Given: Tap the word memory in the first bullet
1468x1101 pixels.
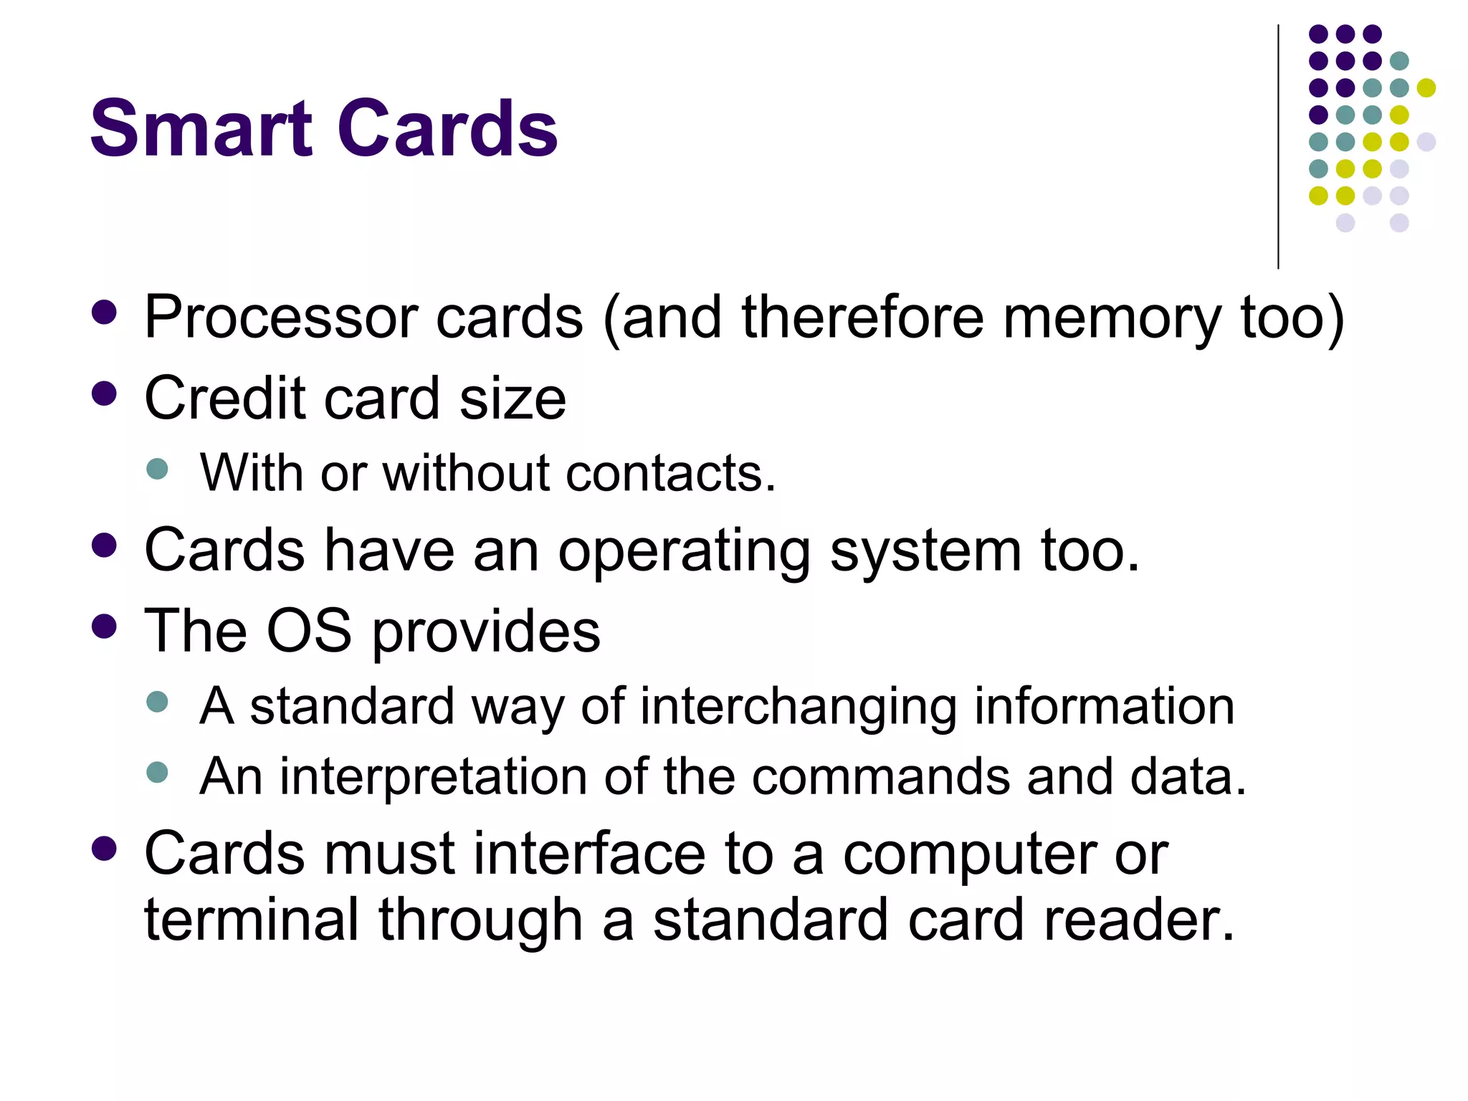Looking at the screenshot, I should click(1111, 318).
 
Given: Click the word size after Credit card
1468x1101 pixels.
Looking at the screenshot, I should click(513, 399).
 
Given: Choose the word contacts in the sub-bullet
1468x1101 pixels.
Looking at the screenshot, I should click(670, 474).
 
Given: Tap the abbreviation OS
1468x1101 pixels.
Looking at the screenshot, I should click(309, 631).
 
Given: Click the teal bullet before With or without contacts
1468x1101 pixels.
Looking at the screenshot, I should click(157, 470).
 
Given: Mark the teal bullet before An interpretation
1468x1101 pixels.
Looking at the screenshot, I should click(157, 772).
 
